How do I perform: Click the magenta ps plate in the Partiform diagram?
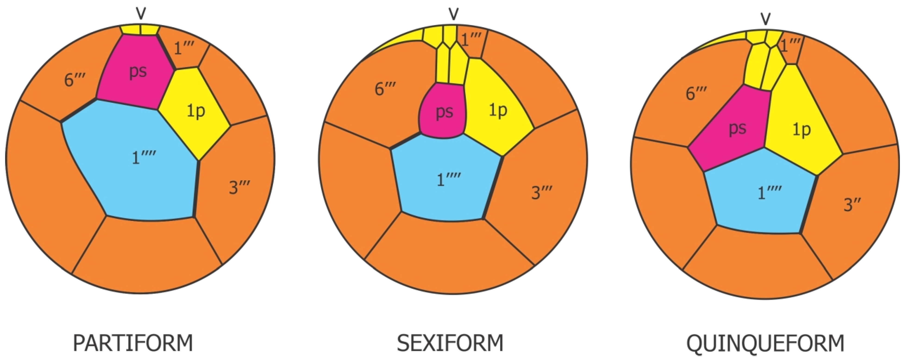[x=135, y=74]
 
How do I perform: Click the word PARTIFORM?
[x=133, y=343]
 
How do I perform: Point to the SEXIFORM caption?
[x=450, y=343]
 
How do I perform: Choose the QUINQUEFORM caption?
[x=765, y=343]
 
